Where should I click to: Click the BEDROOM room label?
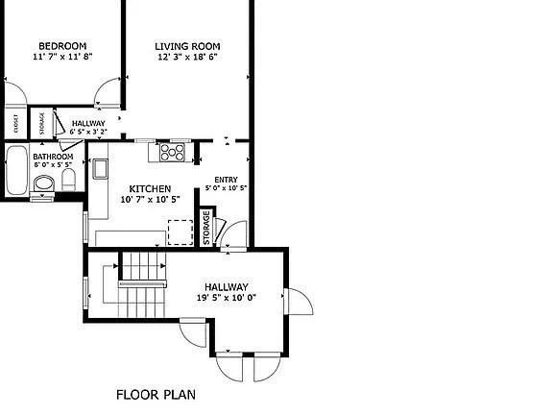point(62,46)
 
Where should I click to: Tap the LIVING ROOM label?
point(187,46)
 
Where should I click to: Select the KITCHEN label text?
point(150,189)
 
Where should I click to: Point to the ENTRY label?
point(226,180)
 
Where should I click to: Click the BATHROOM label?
point(53,157)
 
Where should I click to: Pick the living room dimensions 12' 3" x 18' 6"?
point(187,57)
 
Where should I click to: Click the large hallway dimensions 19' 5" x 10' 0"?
point(227,298)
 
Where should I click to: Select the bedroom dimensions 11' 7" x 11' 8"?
point(62,57)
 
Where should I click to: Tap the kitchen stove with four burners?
point(172,153)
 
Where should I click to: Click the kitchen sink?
point(100,169)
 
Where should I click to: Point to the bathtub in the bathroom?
point(16,170)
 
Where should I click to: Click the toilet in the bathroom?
point(68,180)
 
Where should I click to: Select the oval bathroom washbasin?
point(44,183)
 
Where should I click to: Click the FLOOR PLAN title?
point(156,395)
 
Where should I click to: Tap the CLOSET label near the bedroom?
point(16,124)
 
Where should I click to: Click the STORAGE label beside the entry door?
point(206,228)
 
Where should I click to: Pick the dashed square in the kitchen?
point(180,232)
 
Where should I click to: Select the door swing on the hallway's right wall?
point(299,302)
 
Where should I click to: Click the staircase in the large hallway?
point(142,284)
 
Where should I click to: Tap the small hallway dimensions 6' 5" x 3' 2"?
point(88,132)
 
